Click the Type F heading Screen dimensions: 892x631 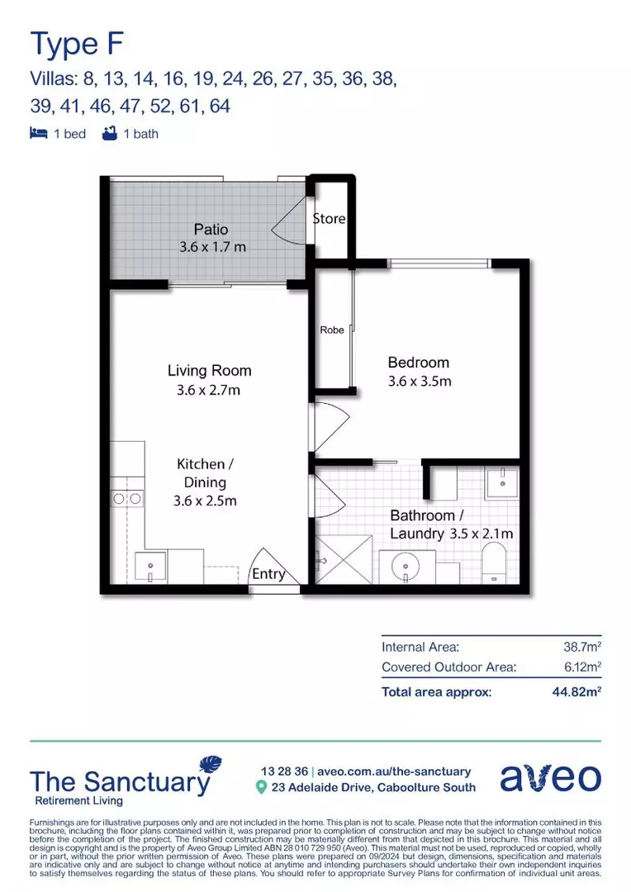point(70,43)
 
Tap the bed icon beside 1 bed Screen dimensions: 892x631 point(38,133)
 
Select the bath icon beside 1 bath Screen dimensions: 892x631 point(108,133)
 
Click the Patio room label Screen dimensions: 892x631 point(211,229)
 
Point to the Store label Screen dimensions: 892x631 point(329,219)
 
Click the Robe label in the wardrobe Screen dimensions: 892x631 point(331,330)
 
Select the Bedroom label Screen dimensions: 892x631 point(419,362)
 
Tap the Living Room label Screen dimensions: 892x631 point(209,371)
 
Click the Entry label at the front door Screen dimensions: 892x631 point(268,574)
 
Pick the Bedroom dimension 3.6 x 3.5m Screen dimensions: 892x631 point(420,382)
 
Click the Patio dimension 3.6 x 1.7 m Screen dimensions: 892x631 point(211,247)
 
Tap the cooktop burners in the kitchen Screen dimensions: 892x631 point(126,498)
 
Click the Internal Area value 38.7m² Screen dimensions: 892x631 point(581,648)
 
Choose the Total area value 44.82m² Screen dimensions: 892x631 point(576,692)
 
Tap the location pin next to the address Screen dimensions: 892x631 point(261,788)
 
